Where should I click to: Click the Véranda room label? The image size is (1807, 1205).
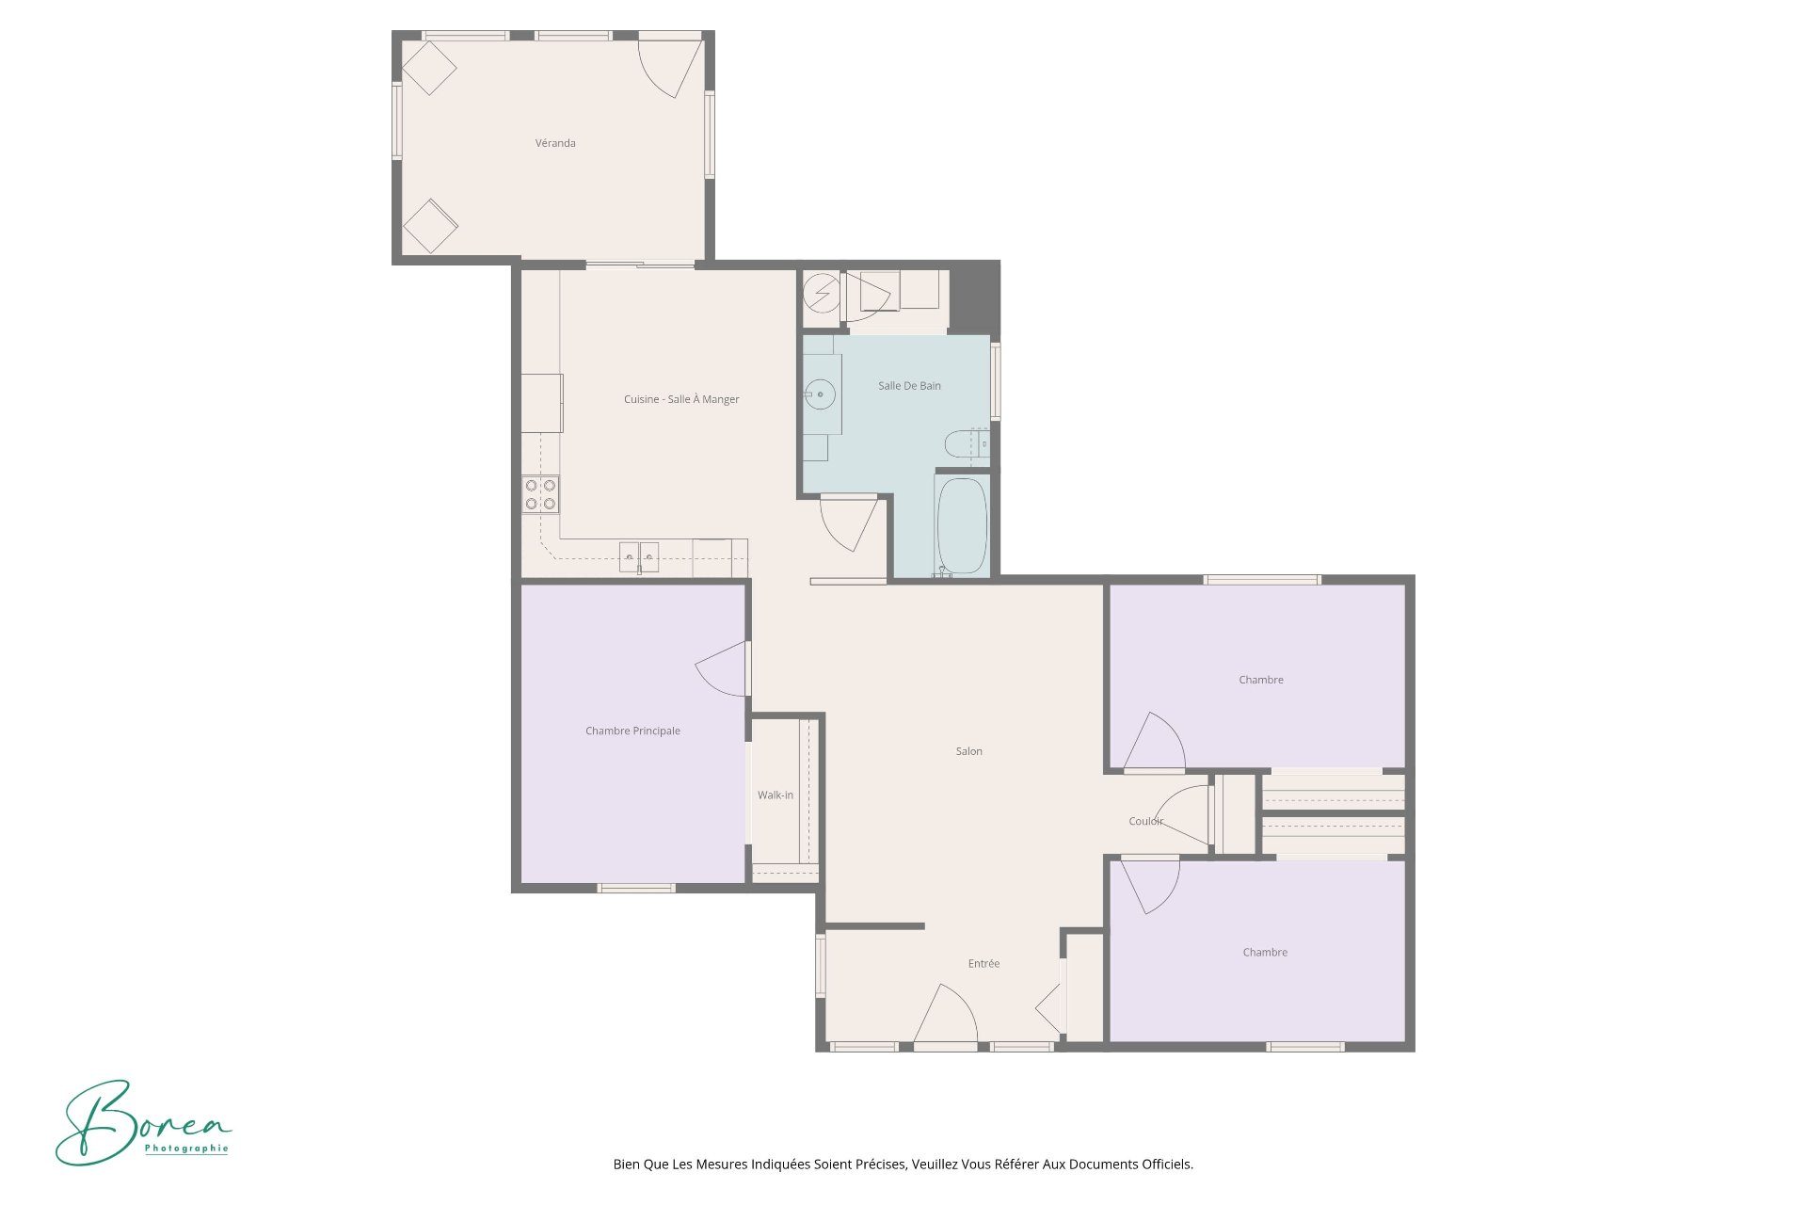tap(555, 143)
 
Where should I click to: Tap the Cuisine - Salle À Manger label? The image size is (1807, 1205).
tap(681, 399)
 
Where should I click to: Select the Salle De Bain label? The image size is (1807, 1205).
tap(909, 385)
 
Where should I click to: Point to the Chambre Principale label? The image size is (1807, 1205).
tap(632, 731)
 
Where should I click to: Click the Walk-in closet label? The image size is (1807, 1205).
tap(776, 795)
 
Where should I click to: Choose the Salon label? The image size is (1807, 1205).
tap(969, 751)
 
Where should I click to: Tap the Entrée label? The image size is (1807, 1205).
tap(983, 963)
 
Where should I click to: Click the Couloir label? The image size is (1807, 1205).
tap(1145, 821)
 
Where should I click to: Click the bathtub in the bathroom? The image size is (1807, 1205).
tap(962, 526)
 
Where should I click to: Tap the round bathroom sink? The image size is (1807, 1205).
tap(820, 394)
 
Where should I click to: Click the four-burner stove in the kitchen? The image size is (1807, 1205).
tap(540, 495)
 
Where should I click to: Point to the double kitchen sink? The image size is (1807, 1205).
tap(639, 557)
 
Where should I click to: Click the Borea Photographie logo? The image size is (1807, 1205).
tap(144, 1122)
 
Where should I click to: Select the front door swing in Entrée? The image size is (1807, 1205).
tap(945, 1015)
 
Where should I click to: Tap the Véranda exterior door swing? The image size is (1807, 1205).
tap(671, 67)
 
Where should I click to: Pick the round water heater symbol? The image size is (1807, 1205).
tap(822, 293)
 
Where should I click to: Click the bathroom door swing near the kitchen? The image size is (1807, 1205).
tap(849, 524)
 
